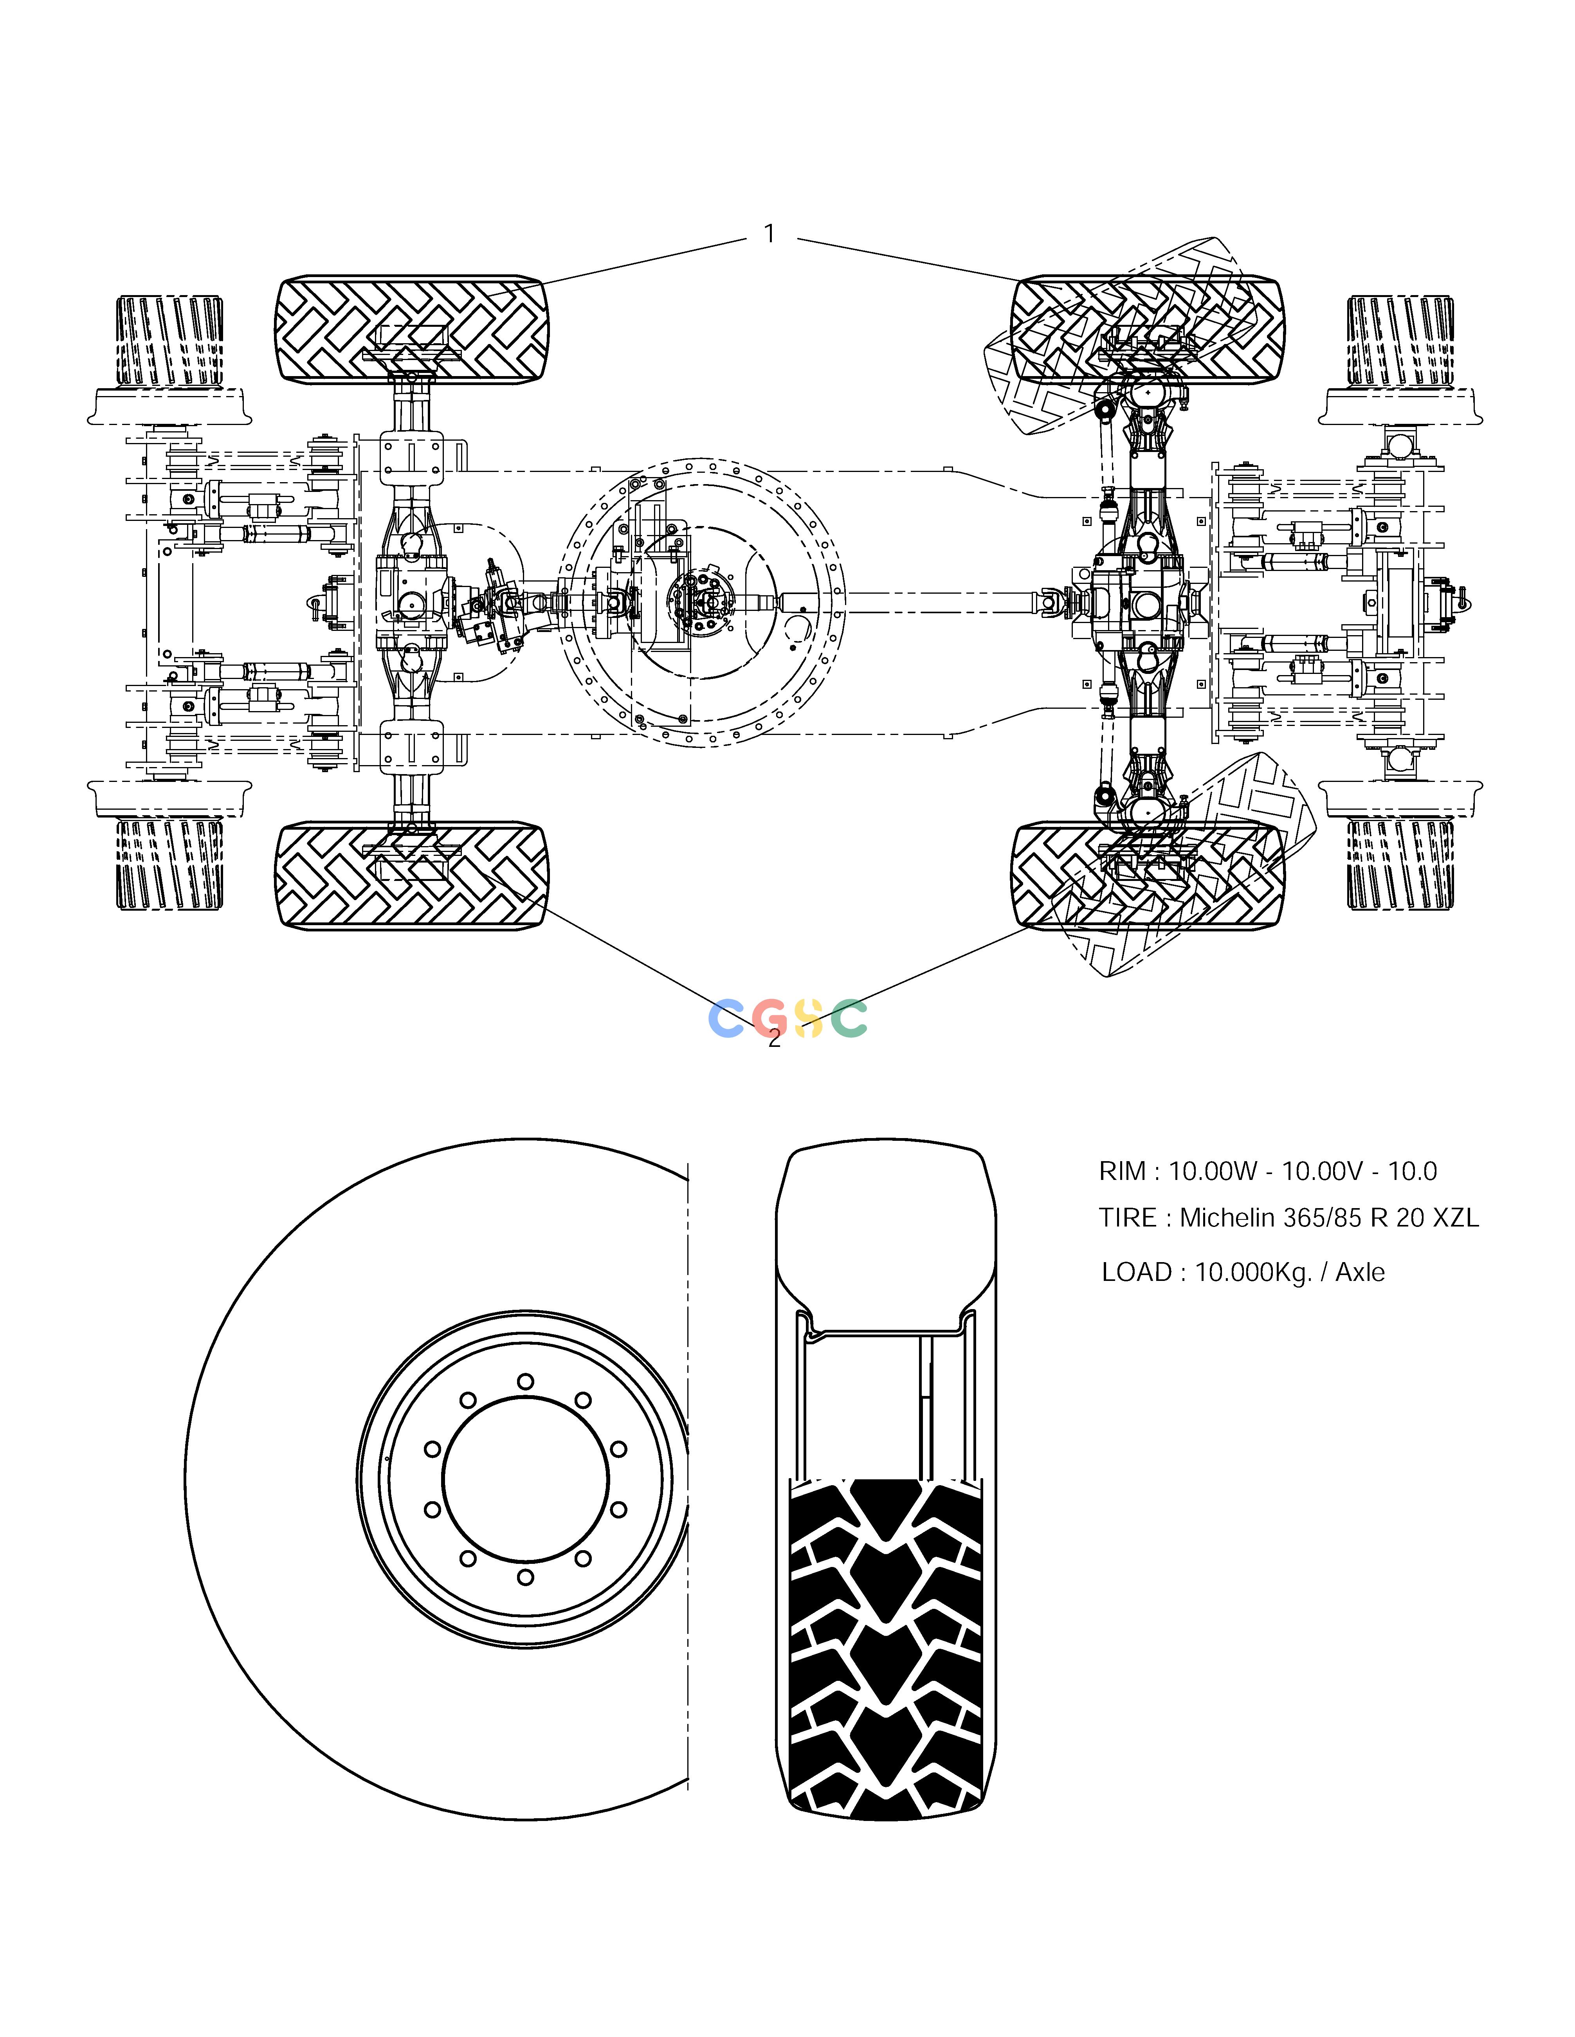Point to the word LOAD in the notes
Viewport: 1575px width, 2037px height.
coord(1137,1272)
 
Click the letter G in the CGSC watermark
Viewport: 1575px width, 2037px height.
coord(771,1018)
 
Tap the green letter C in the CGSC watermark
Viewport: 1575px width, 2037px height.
coord(849,1018)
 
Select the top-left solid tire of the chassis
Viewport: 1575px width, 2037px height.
coord(411,328)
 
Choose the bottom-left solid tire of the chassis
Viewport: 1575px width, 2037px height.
coord(411,875)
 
